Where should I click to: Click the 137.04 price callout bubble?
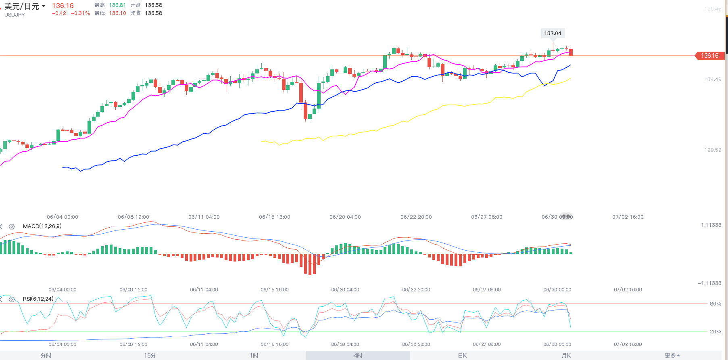pyautogui.click(x=553, y=33)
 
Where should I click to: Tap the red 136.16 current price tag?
pyautogui.click(x=710, y=56)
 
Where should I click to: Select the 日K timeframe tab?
pyautogui.click(x=462, y=356)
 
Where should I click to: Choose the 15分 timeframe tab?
pyautogui.click(x=150, y=356)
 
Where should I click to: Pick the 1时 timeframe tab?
pyautogui.click(x=254, y=356)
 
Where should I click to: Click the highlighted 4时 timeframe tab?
pyautogui.click(x=358, y=356)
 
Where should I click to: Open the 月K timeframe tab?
pyautogui.click(x=566, y=356)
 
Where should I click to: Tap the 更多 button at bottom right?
pyautogui.click(x=672, y=356)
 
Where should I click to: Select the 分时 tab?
pyautogui.click(x=46, y=356)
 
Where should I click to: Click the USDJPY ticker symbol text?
pyautogui.click(x=15, y=15)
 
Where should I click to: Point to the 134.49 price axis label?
pyautogui.click(x=713, y=80)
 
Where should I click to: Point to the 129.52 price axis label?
pyautogui.click(x=713, y=150)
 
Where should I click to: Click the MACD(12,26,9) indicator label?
pyautogui.click(x=42, y=226)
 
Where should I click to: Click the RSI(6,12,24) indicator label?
pyautogui.click(x=38, y=299)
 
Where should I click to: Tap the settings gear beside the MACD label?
pyautogui.click(x=12, y=227)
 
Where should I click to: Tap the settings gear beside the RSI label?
pyautogui.click(x=12, y=299)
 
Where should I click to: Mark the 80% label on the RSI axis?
pyautogui.click(x=715, y=304)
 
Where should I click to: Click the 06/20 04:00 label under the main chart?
pyautogui.click(x=345, y=217)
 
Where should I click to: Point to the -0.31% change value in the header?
pyautogui.click(x=81, y=13)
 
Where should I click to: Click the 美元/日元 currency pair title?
pyautogui.click(x=22, y=6)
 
